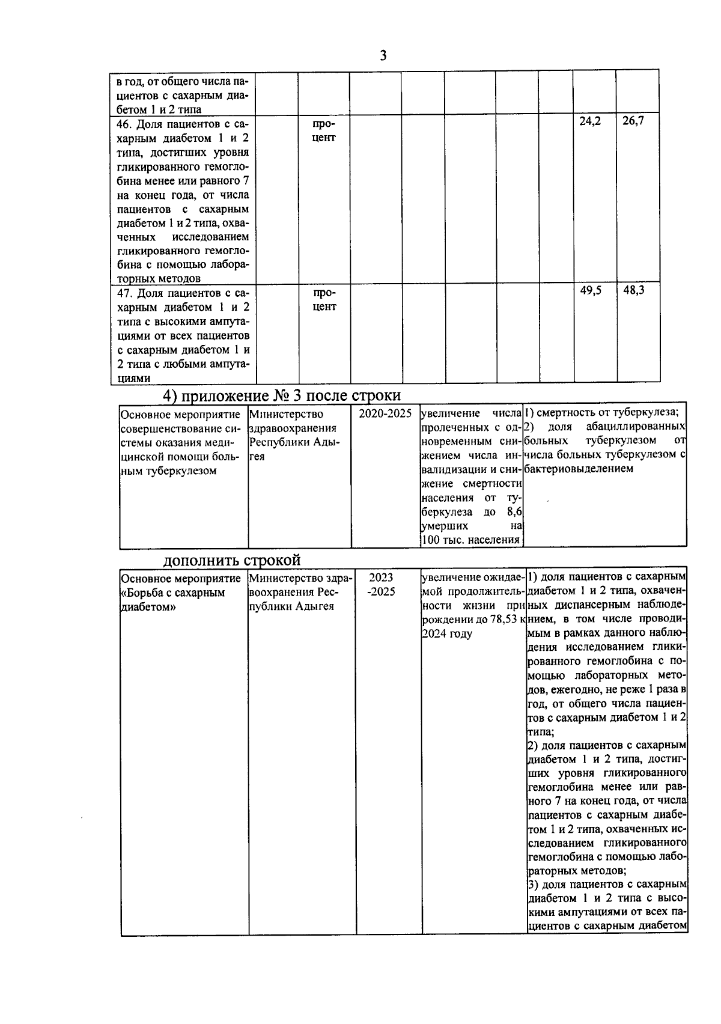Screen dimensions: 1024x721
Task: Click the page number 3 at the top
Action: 383,56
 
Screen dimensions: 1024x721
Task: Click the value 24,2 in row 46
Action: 589,121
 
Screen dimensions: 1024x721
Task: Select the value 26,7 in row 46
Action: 633,121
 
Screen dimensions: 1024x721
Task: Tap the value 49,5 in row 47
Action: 590,290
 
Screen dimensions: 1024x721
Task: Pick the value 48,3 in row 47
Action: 633,290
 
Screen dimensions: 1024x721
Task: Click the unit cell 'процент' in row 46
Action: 324,131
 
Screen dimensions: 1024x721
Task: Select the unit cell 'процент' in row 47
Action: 324,300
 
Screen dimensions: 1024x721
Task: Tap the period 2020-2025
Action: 385,413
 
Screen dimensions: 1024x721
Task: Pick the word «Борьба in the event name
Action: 142,593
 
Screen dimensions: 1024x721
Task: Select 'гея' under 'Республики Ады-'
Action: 257,457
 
